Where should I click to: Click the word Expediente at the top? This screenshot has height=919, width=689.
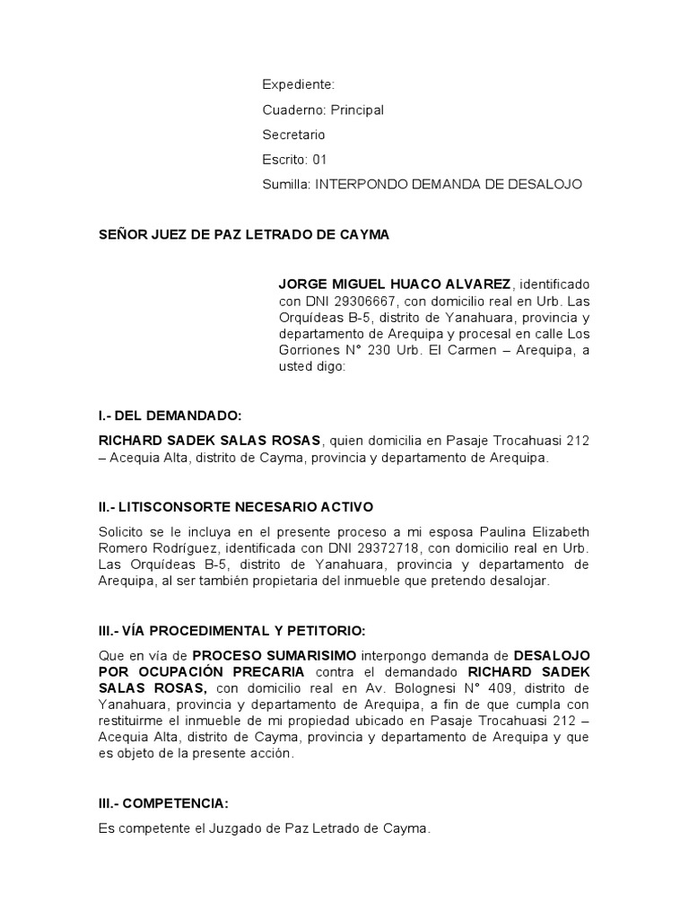click(x=298, y=84)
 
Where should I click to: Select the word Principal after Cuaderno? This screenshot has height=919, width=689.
click(x=357, y=109)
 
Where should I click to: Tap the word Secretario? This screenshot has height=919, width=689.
click(x=293, y=135)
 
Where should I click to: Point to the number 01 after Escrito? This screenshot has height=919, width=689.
click(x=320, y=160)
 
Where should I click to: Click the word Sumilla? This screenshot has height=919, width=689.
click(x=284, y=184)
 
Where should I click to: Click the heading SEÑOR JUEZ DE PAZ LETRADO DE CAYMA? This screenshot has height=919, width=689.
click(x=244, y=235)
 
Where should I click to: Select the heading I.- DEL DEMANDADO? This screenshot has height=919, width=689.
click(x=170, y=416)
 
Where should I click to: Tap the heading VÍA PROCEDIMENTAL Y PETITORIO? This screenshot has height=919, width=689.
click(x=245, y=630)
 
